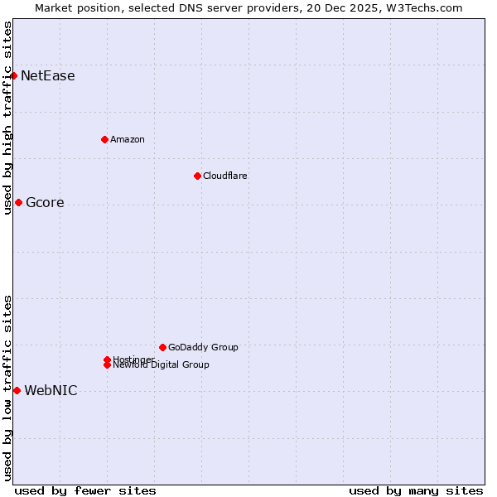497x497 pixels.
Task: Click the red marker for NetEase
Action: click(x=13, y=76)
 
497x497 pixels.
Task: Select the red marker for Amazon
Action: click(x=104, y=139)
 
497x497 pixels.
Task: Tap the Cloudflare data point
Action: click(x=197, y=176)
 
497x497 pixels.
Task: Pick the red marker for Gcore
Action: click(x=18, y=203)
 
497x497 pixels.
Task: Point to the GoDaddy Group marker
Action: click(x=162, y=347)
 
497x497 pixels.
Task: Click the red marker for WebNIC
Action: click(x=17, y=390)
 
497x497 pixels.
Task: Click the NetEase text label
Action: click(x=48, y=76)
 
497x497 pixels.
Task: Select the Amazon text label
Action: click(x=128, y=139)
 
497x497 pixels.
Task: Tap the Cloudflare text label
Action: click(x=225, y=176)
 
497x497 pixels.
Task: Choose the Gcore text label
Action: click(x=45, y=203)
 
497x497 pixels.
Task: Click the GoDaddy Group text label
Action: click(x=203, y=347)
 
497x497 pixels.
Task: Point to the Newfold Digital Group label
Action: click(x=162, y=365)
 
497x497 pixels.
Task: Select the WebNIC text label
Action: click(x=51, y=391)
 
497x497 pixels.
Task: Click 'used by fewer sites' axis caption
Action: click(x=85, y=490)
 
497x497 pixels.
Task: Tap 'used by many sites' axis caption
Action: click(x=416, y=490)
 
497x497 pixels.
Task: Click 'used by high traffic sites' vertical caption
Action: click(x=7, y=118)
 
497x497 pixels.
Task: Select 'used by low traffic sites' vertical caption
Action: click(x=7, y=388)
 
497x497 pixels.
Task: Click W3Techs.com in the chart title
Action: click(x=426, y=7)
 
